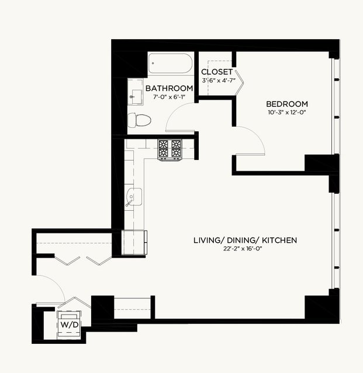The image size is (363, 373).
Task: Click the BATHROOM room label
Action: pos(169,88)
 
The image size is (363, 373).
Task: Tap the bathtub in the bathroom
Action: pos(170,63)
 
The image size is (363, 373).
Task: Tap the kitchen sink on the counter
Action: pos(133,197)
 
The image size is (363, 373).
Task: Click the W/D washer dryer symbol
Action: pos(69,325)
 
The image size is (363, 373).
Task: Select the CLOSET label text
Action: pos(217,72)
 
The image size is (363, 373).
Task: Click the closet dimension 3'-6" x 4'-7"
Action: pos(219,81)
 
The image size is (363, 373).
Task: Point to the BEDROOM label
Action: pos(287,104)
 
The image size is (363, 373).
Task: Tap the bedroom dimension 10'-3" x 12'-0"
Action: pos(287,112)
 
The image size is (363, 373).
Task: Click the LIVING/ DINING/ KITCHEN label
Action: pos(245,240)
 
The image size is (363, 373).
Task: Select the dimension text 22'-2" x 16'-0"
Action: pos(243,249)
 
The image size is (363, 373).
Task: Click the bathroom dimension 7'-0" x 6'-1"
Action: pos(169,97)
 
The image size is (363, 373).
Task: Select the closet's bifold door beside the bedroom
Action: pos(240,83)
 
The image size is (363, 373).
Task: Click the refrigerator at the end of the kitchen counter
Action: pos(134,242)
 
